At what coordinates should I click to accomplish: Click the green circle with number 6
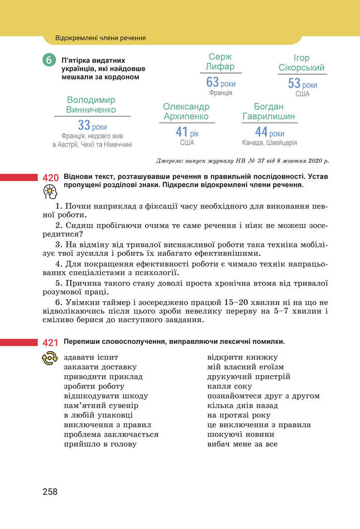pos(49,61)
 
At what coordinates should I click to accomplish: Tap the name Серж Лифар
pos(220,62)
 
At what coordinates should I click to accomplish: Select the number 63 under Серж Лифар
pos(212,82)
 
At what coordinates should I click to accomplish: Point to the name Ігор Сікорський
pos(301,63)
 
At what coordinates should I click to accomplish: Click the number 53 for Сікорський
pos(294,83)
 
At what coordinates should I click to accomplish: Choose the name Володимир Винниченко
pos(91,105)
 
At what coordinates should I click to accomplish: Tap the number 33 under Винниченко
pos(84,125)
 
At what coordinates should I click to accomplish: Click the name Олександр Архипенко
pos(186,111)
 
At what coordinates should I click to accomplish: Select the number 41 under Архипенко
pos(181,132)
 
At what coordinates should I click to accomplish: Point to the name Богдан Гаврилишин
pos(269,111)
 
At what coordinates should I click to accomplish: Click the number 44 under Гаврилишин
pos(261,132)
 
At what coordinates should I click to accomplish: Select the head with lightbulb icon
pos(50,193)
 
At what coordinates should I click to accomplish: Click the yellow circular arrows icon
pos(50,358)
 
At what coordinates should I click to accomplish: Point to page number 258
pos(50,492)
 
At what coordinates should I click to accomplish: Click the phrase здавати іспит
pos(91,357)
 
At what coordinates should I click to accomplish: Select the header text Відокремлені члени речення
pos(100,38)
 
